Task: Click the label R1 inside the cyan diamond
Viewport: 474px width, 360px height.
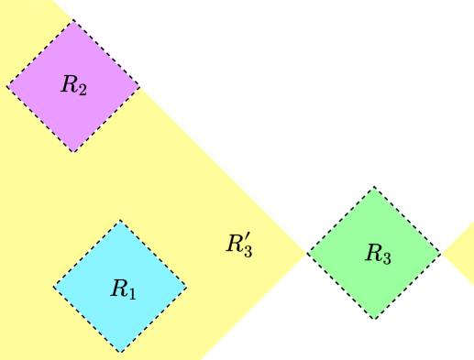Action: click(x=122, y=289)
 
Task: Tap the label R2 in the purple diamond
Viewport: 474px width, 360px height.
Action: click(x=73, y=86)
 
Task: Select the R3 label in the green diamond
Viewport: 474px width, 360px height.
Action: click(x=378, y=255)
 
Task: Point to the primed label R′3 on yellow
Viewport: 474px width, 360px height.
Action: click(x=238, y=244)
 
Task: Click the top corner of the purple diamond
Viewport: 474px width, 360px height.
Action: click(x=74, y=20)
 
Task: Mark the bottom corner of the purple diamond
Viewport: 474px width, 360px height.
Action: click(x=74, y=152)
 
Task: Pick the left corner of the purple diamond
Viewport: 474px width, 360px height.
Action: click(x=7, y=86)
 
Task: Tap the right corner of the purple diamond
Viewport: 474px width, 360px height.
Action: click(x=140, y=86)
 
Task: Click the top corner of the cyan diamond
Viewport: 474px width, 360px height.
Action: click(x=120, y=220)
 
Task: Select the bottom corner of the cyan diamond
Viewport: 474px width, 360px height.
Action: click(x=120, y=353)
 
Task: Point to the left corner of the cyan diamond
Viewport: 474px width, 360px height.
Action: click(x=53, y=287)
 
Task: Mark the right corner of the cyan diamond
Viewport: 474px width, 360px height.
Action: click(x=187, y=287)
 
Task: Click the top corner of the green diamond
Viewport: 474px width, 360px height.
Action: click(x=374, y=188)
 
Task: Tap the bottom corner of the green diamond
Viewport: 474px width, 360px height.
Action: click(x=374, y=320)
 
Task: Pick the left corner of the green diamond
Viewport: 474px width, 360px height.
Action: click(x=308, y=254)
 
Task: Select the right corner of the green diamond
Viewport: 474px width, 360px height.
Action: click(x=440, y=254)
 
